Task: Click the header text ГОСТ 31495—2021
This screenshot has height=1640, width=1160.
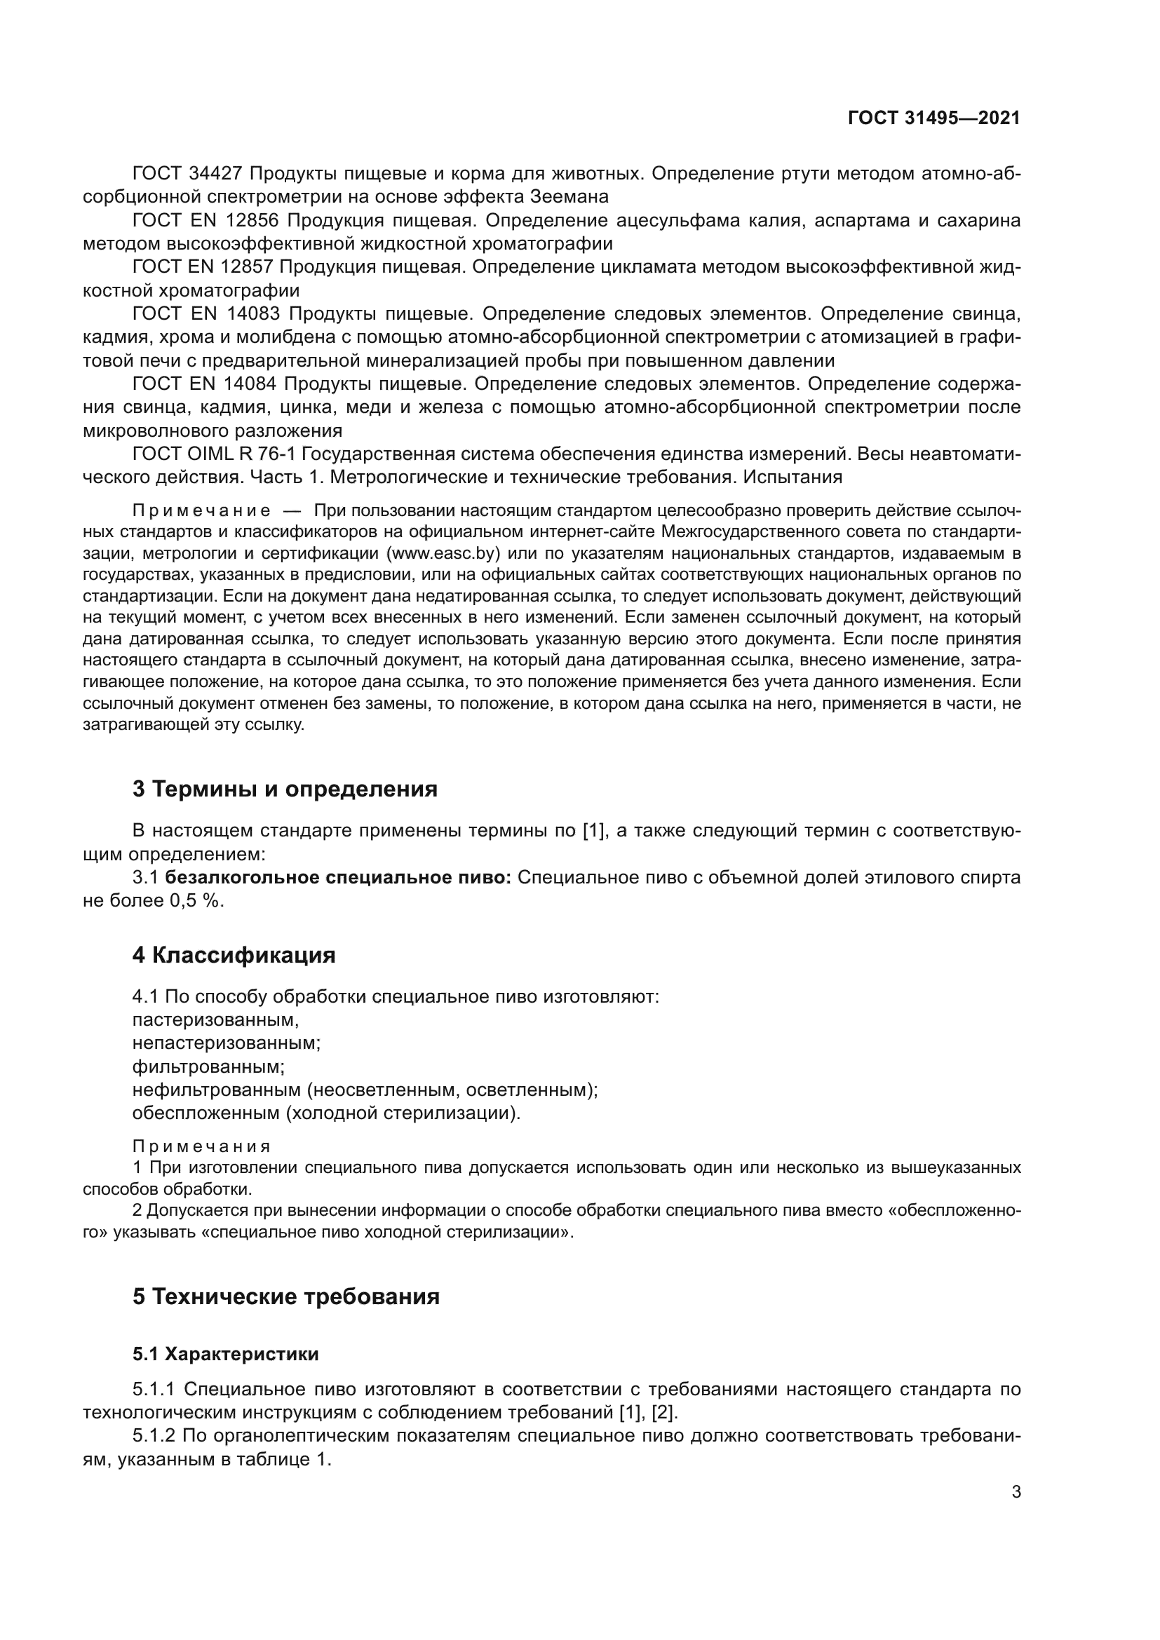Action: pyautogui.click(x=933, y=118)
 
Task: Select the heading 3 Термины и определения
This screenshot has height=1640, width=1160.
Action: pyautogui.click(x=284, y=789)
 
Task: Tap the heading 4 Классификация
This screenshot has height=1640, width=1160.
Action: pyautogui.click(x=234, y=955)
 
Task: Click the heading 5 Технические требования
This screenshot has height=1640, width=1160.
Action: pyautogui.click(x=285, y=1296)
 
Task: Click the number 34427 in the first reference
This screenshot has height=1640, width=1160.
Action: pyautogui.click(x=217, y=174)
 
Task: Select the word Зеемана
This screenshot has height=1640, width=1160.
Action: pyautogui.click(x=569, y=196)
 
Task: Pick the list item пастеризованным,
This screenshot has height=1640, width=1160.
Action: pyautogui.click(x=216, y=1019)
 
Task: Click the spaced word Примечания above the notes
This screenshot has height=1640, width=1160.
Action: pyautogui.click(x=202, y=1146)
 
